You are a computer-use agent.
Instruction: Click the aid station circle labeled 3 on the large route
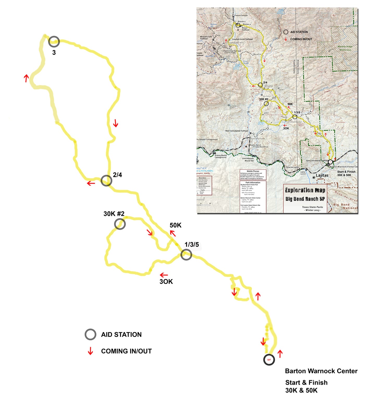(54, 41)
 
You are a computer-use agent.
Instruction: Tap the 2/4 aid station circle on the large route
(106, 180)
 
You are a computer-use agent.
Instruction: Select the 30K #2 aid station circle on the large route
(120, 224)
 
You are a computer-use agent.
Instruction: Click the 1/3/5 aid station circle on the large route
(186, 255)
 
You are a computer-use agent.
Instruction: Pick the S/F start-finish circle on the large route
(269, 360)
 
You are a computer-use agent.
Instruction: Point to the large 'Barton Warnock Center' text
(321, 371)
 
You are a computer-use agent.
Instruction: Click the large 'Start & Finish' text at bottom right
(306, 382)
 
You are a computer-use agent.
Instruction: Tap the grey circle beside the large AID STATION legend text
(90, 334)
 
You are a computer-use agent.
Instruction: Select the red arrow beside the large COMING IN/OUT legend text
(90, 351)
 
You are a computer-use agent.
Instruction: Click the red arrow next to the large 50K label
(173, 233)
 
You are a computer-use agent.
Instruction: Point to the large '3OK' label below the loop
(166, 281)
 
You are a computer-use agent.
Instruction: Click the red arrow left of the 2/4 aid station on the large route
(91, 183)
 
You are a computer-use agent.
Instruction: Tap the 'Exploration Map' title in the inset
(305, 190)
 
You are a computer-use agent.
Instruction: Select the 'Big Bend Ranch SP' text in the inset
(305, 199)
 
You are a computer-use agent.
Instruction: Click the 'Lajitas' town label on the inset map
(322, 175)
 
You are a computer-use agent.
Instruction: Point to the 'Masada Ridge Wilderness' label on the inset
(345, 48)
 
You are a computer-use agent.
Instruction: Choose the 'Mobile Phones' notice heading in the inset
(253, 171)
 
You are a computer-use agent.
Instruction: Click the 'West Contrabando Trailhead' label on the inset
(236, 131)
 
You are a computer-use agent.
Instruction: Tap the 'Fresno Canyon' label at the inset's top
(241, 15)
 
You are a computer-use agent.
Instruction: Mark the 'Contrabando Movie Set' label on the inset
(248, 160)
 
